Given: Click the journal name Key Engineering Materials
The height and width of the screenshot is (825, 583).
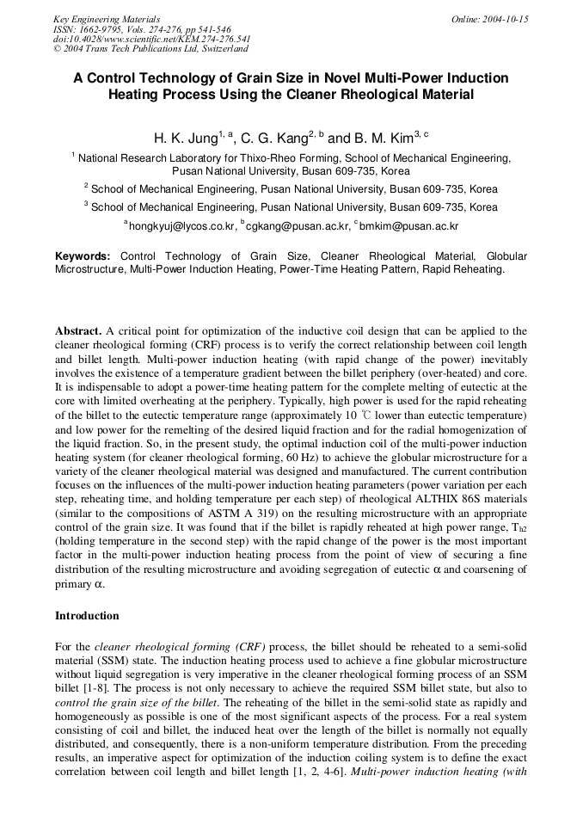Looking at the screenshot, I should click(107, 19).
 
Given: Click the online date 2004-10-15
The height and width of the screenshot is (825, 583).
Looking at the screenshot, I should click(490, 19).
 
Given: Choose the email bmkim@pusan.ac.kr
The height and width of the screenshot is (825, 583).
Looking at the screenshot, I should click(408, 226).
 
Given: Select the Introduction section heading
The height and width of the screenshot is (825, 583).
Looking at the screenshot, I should click(87, 616).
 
